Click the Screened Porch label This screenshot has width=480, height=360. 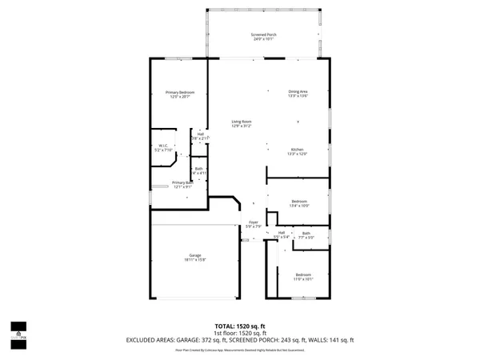(263, 34)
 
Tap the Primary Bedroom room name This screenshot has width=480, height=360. (179, 92)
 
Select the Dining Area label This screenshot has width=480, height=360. (298, 91)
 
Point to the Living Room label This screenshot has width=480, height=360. (242, 121)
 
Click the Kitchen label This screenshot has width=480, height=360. (298, 150)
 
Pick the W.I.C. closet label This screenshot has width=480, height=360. (161, 146)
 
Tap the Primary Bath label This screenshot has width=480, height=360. (182, 182)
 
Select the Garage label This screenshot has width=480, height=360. (194, 255)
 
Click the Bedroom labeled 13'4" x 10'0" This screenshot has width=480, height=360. (299, 201)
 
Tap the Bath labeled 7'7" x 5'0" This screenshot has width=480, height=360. (306, 234)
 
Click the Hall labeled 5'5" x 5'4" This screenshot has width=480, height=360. (282, 233)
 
